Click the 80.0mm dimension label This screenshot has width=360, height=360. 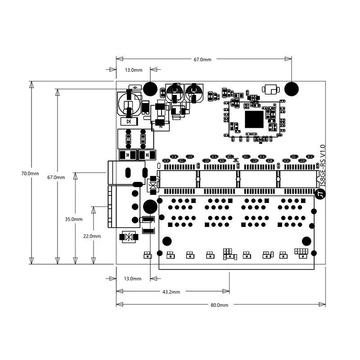pos(219,305)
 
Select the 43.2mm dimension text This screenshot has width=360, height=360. pos(171,292)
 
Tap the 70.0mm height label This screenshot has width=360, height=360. pos(30,174)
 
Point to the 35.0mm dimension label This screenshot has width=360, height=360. pos(74,219)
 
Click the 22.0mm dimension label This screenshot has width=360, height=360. pos(92,236)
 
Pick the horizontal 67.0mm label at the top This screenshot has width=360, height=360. pos(202,60)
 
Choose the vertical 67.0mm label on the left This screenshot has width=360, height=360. pos(56,177)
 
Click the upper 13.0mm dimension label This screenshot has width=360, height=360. pos(134,70)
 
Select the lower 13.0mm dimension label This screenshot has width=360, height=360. pos(132,279)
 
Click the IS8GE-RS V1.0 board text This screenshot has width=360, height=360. pos(323,166)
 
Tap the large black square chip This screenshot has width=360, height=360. pos(254,119)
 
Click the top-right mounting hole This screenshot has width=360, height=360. pos(291,89)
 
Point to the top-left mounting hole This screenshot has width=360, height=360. pos(150,89)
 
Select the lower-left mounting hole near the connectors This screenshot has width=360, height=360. pos(150,207)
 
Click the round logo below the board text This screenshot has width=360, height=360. pos(320,194)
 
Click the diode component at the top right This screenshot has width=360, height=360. pos(271,89)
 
